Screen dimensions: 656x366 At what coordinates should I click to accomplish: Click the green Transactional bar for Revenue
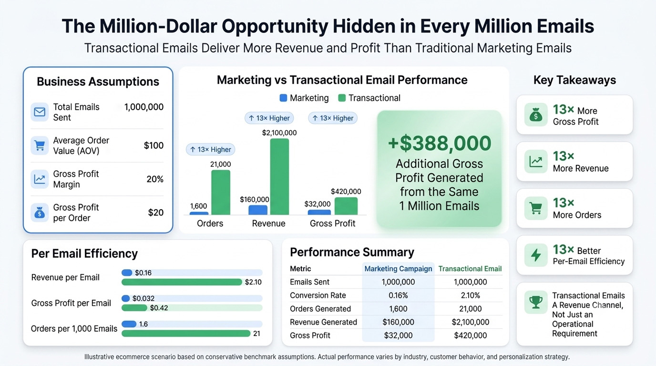point(279,176)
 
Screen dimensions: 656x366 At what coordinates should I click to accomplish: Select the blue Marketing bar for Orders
point(199,213)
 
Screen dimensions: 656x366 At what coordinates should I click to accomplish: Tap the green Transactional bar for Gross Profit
point(346,206)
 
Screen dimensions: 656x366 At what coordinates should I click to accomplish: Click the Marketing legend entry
point(304,98)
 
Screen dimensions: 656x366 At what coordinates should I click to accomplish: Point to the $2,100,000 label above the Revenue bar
point(279,132)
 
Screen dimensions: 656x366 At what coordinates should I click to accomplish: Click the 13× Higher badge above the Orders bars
point(210,150)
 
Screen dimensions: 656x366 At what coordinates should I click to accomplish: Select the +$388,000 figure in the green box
point(439,143)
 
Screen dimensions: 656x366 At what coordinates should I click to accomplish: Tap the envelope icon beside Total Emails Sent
point(40,112)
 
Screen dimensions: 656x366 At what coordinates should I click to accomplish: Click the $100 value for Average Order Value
point(154,145)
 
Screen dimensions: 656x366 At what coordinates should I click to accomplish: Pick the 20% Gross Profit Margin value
point(155,179)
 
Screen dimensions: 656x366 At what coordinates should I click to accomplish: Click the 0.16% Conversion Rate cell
point(398,295)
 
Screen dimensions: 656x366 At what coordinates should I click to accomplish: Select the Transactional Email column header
point(470,269)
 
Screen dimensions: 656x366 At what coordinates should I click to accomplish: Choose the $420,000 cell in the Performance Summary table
point(471,335)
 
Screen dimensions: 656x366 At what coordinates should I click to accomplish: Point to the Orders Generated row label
point(320,309)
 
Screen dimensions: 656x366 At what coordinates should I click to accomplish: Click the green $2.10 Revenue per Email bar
point(182,282)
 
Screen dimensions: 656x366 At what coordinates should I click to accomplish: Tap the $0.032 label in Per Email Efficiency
point(143,298)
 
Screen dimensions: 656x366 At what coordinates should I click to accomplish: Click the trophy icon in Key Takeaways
point(536,302)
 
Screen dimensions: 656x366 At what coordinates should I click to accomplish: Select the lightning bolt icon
point(536,255)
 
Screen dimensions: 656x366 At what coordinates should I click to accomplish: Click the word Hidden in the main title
point(364,26)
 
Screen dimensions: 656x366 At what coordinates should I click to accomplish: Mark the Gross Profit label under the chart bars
point(332,224)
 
